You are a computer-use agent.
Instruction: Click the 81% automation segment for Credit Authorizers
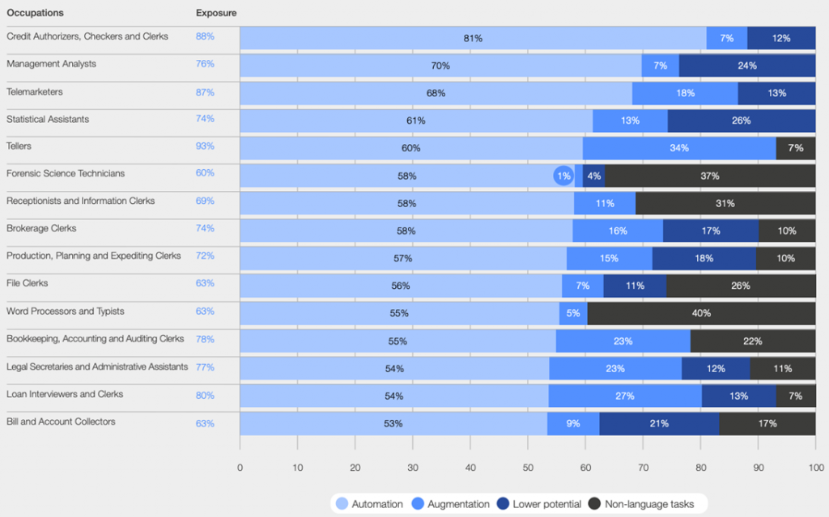pos(473,38)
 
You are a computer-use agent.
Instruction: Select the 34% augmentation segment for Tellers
pos(678,148)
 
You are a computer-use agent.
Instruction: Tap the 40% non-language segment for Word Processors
pos(701,313)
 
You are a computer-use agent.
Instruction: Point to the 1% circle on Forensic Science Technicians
pos(563,176)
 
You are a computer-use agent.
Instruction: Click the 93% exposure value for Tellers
pos(205,146)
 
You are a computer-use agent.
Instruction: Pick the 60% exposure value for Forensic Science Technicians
pos(205,173)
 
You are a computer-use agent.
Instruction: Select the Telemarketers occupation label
pos(35,92)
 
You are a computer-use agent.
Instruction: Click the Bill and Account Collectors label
pos(61,422)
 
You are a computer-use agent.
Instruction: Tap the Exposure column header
pos(216,13)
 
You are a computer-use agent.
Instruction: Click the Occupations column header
pos(35,13)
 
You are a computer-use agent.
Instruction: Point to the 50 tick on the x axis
pos(528,467)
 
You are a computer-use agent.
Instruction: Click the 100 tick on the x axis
pos(815,467)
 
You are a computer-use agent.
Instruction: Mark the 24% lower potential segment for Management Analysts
pos(746,66)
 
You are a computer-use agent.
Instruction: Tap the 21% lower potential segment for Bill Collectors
pos(659,423)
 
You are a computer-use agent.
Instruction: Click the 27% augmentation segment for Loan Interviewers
pos(625,396)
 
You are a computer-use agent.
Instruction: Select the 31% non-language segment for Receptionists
pos(725,203)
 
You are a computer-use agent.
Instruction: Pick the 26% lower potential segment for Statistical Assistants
pos(741,121)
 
